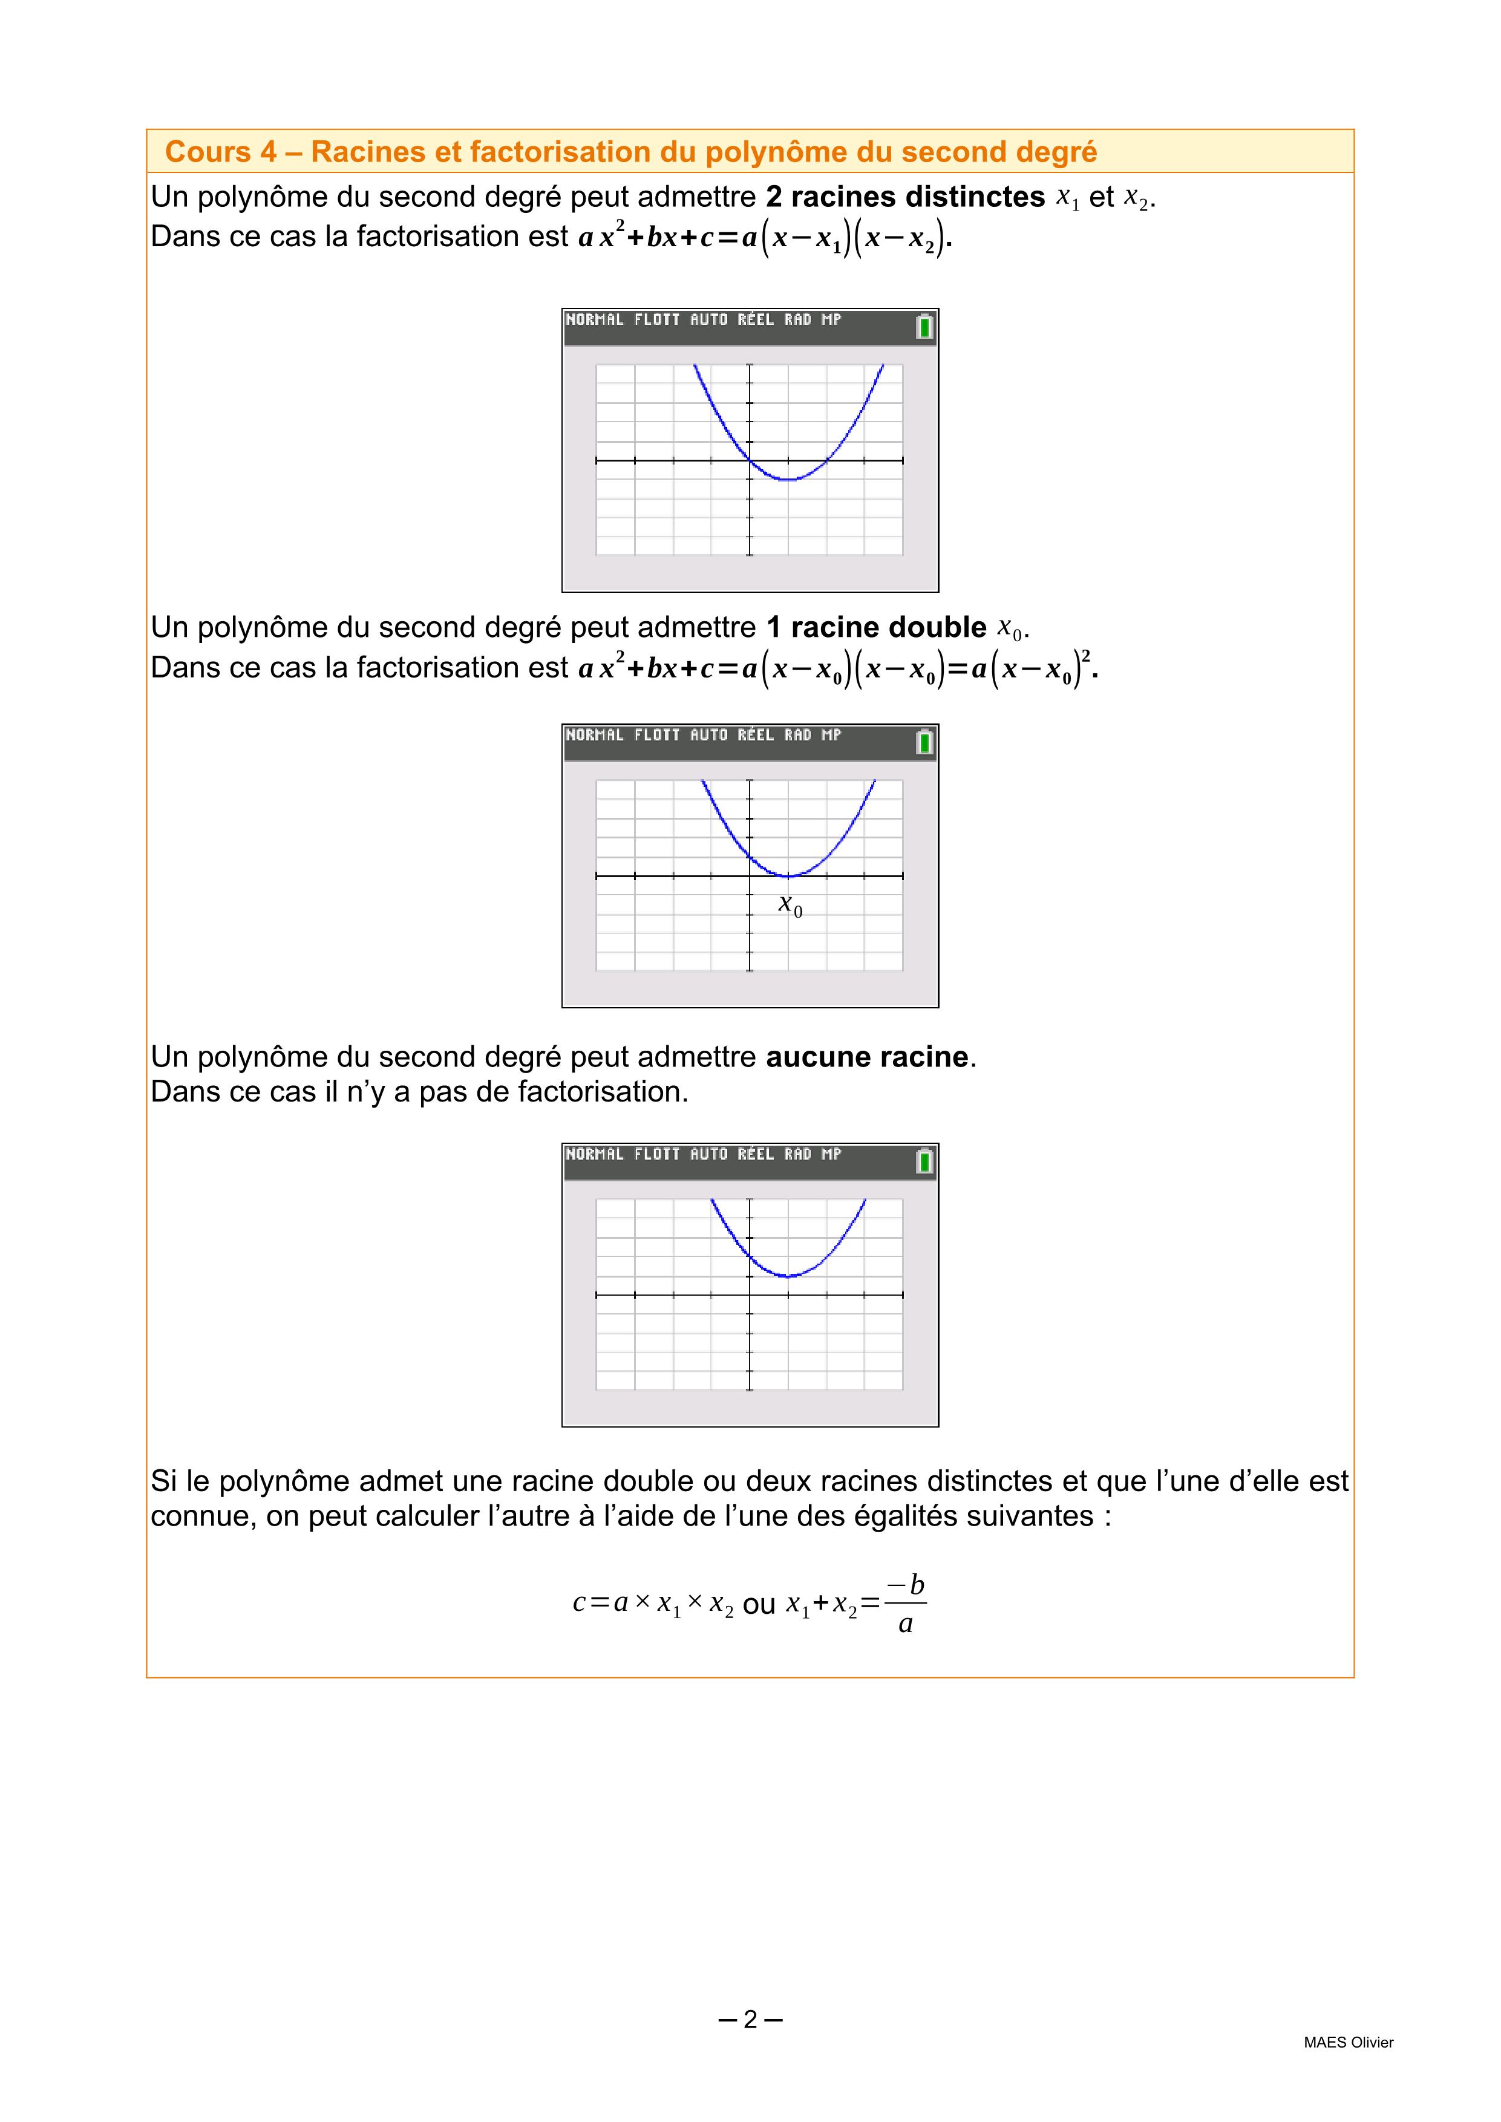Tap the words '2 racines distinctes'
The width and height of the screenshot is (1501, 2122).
(x=905, y=197)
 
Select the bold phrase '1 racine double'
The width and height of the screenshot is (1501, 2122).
(x=876, y=627)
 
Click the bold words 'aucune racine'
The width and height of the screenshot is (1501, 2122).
(x=867, y=1056)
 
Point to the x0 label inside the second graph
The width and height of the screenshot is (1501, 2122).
(x=790, y=905)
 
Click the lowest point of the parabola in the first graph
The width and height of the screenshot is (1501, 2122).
(x=788, y=480)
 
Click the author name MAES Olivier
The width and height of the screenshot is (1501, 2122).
(x=1349, y=2043)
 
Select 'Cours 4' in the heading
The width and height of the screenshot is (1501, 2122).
(x=221, y=152)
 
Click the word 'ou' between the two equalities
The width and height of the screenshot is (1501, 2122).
(x=759, y=1605)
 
